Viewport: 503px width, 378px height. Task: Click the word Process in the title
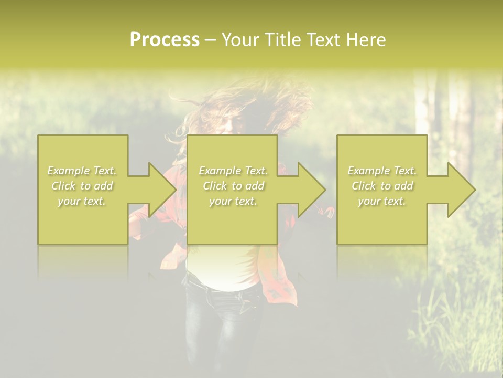point(165,40)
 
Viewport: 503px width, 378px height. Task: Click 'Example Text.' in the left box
point(82,171)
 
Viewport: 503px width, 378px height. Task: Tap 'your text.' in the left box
point(82,201)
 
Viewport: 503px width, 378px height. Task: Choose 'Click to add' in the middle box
point(233,186)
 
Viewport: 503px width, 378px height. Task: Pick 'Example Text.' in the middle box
point(233,171)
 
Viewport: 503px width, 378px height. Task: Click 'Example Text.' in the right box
point(382,171)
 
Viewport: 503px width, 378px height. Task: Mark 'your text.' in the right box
point(382,201)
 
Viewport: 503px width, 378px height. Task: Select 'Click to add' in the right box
point(382,186)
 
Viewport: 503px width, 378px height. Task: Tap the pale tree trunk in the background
point(422,105)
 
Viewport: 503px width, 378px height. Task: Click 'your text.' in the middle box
point(233,201)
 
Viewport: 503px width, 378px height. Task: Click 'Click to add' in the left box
point(82,186)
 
